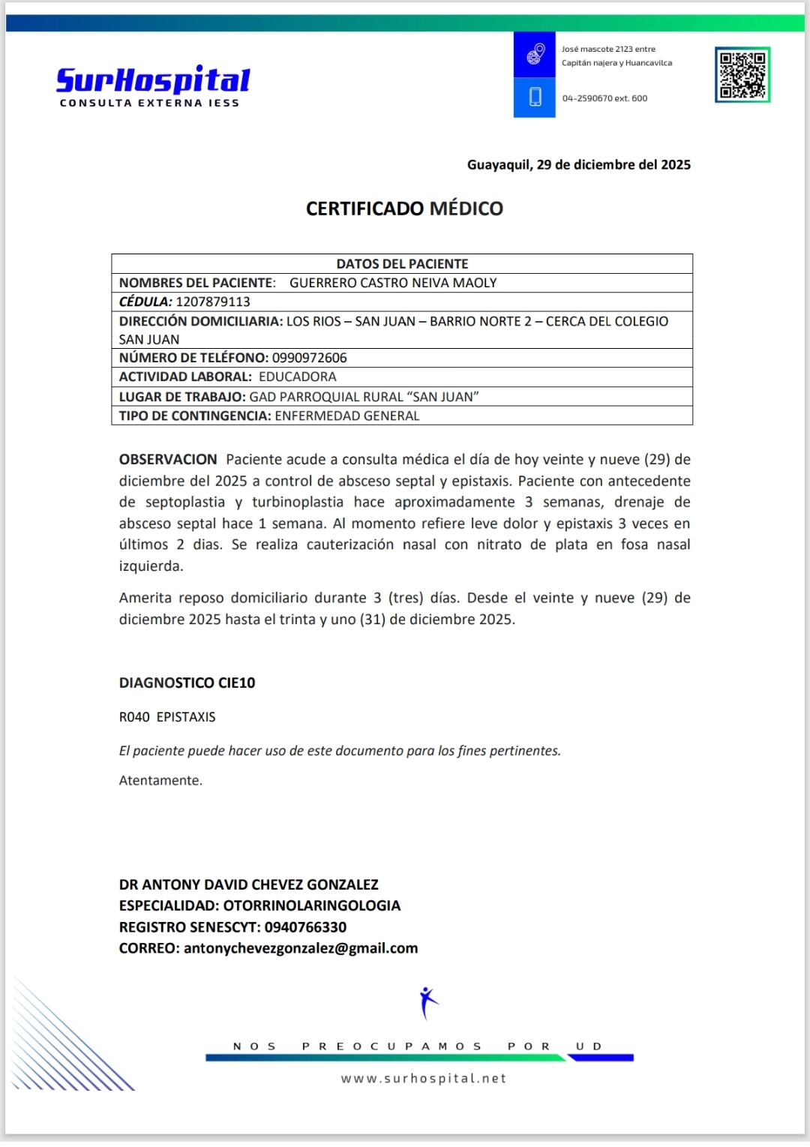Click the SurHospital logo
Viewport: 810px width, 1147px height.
coord(153,85)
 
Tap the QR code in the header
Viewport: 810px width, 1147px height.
coord(742,74)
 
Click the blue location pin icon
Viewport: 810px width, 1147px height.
coord(535,54)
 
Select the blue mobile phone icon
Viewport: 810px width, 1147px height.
coord(535,98)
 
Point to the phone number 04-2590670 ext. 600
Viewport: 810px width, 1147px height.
coord(604,98)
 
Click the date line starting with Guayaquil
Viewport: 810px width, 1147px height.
coord(578,165)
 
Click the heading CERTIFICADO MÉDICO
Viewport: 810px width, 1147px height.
coord(404,209)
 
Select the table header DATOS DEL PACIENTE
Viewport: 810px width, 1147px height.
coord(402,264)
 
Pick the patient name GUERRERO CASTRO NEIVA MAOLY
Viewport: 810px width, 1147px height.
coord(393,283)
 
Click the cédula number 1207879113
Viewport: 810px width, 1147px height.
coord(213,302)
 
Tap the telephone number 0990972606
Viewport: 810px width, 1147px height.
coord(309,358)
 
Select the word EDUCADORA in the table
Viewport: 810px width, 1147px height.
coord(297,377)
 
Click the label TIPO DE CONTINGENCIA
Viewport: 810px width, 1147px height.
coord(194,416)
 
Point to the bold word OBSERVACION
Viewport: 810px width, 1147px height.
coord(168,459)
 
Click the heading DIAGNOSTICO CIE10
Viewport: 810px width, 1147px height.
coord(187,683)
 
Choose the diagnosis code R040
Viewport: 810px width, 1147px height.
coord(134,717)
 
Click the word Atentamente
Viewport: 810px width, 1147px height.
coord(160,780)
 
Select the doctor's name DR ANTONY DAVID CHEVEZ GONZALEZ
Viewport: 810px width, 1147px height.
coord(248,884)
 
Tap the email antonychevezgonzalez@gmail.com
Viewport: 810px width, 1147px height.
coord(301,948)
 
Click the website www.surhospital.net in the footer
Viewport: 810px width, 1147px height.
coord(424,1078)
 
